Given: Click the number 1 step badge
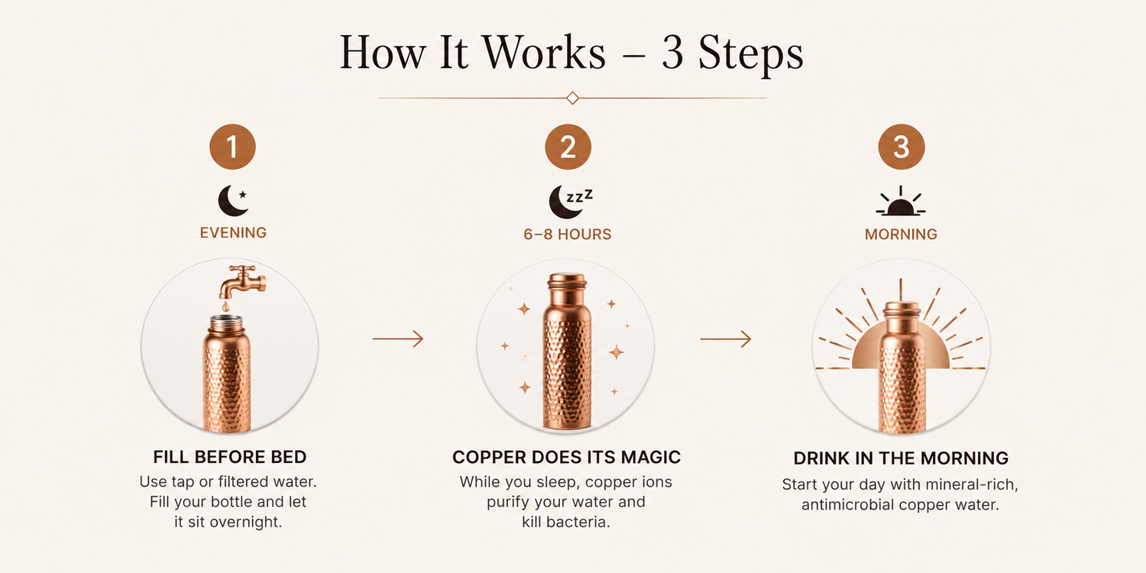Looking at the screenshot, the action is pyautogui.click(x=233, y=147).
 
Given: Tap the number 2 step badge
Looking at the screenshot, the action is pyautogui.click(x=568, y=147).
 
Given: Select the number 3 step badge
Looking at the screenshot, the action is pyautogui.click(x=902, y=147).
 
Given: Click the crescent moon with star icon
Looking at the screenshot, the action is pyautogui.click(x=233, y=200).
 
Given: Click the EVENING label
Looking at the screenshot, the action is pyautogui.click(x=233, y=233).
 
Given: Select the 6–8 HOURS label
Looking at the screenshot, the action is pyautogui.click(x=568, y=235).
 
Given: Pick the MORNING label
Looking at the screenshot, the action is pyautogui.click(x=901, y=235).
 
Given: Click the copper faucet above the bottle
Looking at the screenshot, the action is pyautogui.click(x=242, y=281).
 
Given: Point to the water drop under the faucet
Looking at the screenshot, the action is pyautogui.click(x=225, y=306).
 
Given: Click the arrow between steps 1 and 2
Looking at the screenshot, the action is pyautogui.click(x=398, y=338).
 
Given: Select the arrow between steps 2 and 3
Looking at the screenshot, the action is pyautogui.click(x=726, y=338).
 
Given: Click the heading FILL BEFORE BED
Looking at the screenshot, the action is pyautogui.click(x=230, y=457).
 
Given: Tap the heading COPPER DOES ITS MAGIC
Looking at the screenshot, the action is pyautogui.click(x=566, y=457).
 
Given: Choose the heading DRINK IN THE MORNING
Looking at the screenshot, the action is pyautogui.click(x=901, y=458).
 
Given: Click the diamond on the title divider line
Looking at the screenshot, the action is pyautogui.click(x=572, y=98).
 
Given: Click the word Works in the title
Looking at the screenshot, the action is pyautogui.click(x=544, y=52).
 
